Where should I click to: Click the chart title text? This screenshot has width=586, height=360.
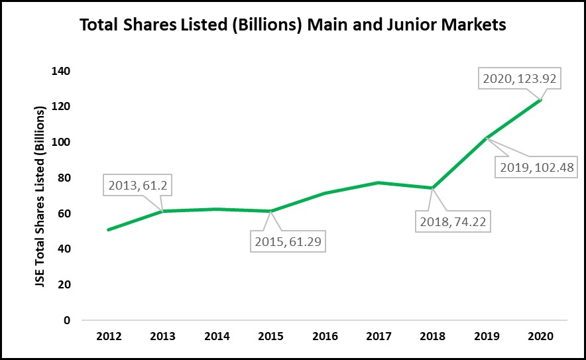[x=292, y=26]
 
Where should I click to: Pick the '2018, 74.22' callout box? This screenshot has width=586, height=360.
[x=450, y=221]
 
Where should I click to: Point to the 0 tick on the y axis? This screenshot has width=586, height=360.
[x=66, y=320]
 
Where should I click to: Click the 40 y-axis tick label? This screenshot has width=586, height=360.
[x=64, y=249]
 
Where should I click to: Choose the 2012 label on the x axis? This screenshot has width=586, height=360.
[x=108, y=336]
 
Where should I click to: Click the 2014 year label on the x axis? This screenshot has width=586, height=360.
[x=216, y=336]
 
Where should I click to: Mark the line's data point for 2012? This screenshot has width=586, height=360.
[x=108, y=229]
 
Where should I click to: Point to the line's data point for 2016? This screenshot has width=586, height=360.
[x=324, y=193]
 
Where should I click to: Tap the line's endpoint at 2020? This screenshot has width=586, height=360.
[x=540, y=100]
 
